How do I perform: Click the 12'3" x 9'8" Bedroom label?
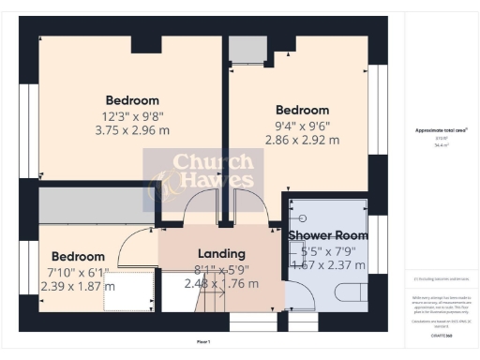pos(132,100)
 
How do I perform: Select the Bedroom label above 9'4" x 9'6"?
pos(302,110)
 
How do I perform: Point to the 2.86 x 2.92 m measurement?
pos(302,140)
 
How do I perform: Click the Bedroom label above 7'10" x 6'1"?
pos(78,256)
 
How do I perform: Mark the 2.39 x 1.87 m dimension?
pos(78,286)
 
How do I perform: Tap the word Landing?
pos(221,253)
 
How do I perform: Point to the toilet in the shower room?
pos(348,293)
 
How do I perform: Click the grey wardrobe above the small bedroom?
pos(94,205)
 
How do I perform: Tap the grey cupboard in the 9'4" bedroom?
pos(247,50)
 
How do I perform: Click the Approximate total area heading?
pos(441,130)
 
